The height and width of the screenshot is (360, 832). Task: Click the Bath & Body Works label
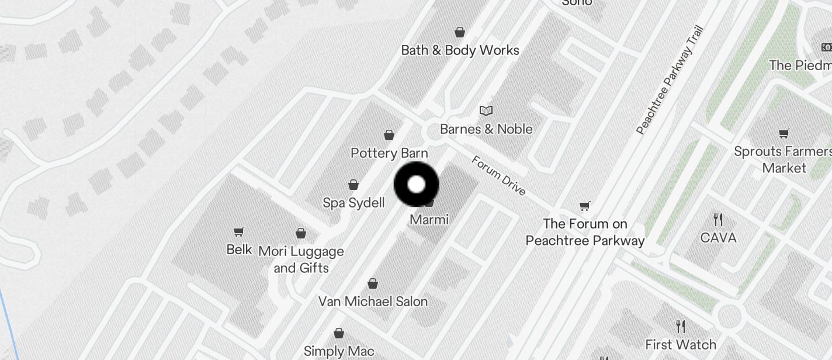point(460,50)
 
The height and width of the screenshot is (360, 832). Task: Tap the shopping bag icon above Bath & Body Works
point(460,32)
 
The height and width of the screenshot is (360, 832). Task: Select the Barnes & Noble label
point(486,129)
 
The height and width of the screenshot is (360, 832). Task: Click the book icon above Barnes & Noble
point(486,110)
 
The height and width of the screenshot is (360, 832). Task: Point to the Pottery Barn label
point(389,153)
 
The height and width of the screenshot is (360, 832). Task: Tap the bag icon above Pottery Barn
point(389,136)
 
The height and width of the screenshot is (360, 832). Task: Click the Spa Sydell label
point(353,203)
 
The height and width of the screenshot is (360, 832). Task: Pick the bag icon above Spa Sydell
point(353,185)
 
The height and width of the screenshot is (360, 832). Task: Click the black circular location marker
point(416,185)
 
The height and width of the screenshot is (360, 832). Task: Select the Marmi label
point(429,220)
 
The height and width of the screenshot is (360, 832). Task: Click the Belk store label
point(239,250)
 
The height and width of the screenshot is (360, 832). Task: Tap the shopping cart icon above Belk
point(238,232)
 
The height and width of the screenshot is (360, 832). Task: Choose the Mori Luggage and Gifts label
point(301,259)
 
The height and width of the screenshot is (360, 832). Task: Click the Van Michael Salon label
point(373,302)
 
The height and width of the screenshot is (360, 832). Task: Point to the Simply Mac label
point(339,351)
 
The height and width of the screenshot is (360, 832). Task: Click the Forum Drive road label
point(499,176)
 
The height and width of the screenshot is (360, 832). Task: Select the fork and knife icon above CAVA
point(718,220)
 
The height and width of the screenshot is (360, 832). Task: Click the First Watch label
point(681,344)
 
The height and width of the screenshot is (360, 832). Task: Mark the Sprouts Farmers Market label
point(784,160)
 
